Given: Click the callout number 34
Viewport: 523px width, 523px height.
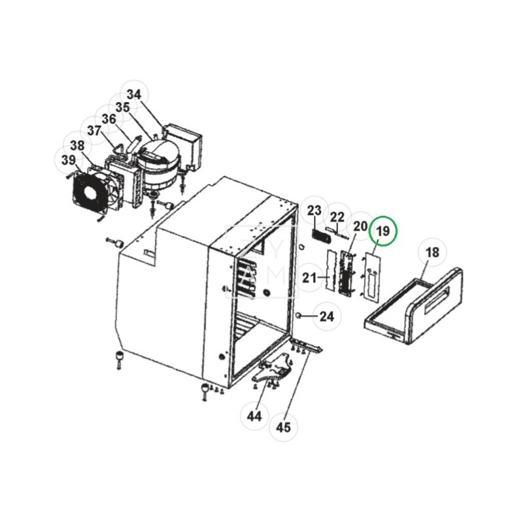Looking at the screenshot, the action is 134,94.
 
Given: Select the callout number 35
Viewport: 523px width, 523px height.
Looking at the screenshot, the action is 122,107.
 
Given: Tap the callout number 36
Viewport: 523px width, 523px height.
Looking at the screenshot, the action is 109,119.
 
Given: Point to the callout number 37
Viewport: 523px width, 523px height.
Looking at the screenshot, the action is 94,131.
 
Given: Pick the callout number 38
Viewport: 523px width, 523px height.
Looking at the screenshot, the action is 77,146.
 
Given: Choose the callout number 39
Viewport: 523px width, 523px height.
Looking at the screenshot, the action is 69,160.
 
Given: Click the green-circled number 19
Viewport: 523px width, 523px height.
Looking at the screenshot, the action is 383,231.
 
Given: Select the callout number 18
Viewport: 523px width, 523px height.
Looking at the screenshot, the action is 432,252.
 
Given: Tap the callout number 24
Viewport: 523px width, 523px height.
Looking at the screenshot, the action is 326,316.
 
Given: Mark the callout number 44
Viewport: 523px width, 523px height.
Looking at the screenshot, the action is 254,416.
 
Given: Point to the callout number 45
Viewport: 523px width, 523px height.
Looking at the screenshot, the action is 283,428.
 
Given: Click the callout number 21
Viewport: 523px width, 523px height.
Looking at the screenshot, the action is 309,277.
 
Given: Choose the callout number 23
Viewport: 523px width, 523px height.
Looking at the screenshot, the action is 314,211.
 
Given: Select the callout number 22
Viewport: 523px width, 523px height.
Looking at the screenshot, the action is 337,218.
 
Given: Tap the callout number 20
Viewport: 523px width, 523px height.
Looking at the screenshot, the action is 360,226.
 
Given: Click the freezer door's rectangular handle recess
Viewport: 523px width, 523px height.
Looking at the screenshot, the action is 441,303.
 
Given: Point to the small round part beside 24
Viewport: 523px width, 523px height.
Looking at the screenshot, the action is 299,315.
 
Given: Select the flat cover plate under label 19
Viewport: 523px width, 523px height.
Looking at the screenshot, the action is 373,277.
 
